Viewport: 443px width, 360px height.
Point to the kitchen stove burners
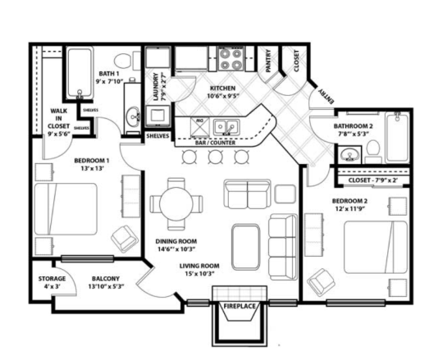(229, 60)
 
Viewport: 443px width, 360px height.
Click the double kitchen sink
(226, 127)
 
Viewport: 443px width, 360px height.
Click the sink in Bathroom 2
(350, 155)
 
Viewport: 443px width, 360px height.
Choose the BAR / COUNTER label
(218, 143)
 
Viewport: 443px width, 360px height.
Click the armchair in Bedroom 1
(126, 238)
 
